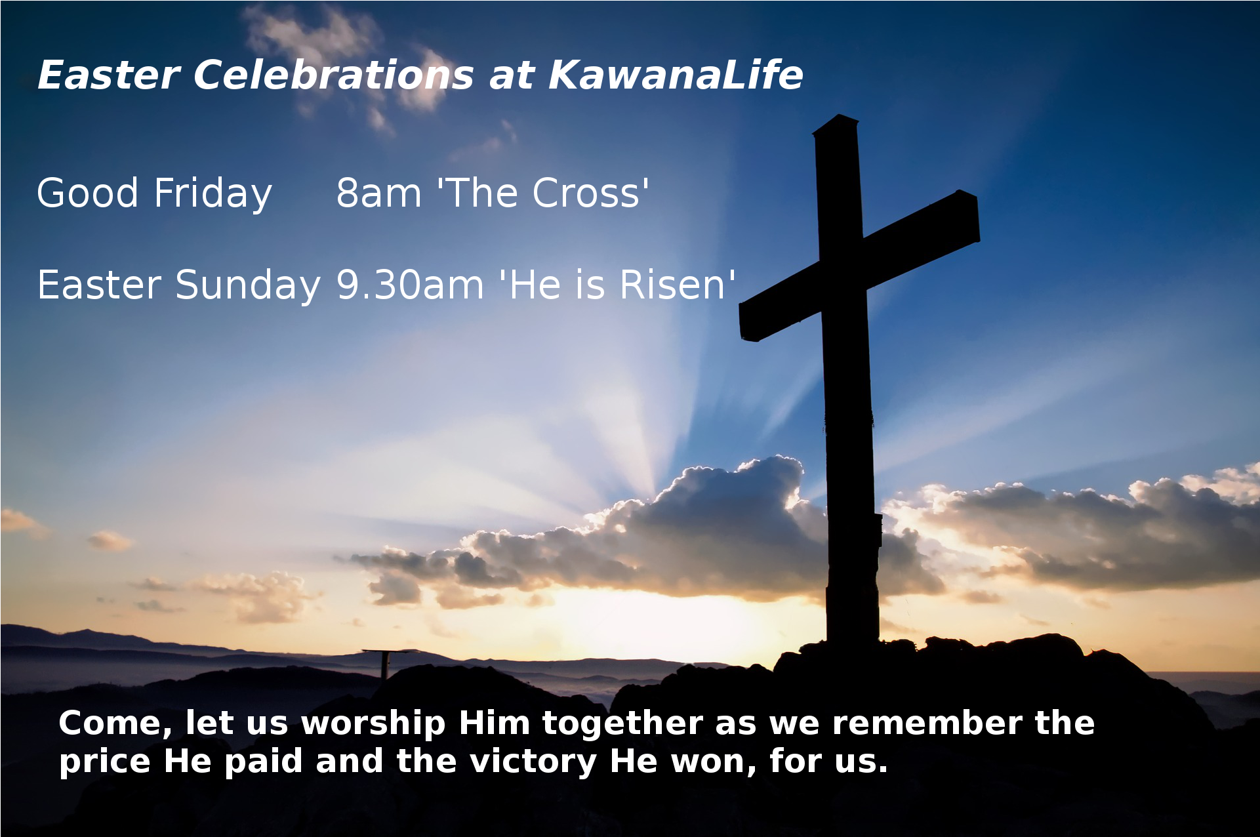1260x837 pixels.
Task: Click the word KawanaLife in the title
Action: pyautogui.click(x=676, y=75)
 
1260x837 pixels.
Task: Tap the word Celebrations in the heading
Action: pyautogui.click(x=333, y=75)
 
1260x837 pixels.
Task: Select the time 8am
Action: pyautogui.click(x=379, y=194)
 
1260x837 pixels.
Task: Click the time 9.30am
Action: pyautogui.click(x=410, y=285)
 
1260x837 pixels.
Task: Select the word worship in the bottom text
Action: pyautogui.click(x=373, y=724)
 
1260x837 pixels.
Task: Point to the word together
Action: pyautogui.click(x=622, y=724)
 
